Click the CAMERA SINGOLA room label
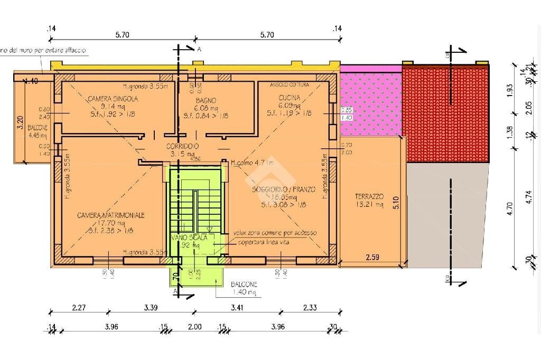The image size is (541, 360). point(113,99)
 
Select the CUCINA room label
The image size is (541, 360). point(289,98)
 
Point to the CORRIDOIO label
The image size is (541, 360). point(182,146)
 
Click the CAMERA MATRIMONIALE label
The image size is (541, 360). point(111,215)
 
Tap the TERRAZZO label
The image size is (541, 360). point(369,196)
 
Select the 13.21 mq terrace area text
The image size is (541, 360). point(369,205)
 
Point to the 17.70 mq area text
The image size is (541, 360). point(111,223)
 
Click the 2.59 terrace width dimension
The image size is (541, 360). point(373,258)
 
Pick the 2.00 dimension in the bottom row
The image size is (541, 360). point(195,327)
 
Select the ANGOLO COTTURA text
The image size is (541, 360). point(290,85)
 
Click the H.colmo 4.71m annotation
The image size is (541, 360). point(252,163)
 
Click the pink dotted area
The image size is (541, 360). point(370,103)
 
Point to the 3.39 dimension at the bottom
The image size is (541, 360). point(151,307)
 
